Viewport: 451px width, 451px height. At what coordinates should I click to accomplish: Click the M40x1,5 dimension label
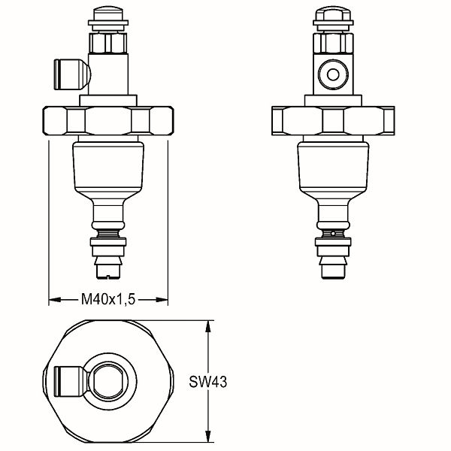108,299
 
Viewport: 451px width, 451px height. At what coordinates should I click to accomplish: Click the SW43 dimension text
207,382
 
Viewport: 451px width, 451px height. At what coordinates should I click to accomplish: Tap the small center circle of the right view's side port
333,74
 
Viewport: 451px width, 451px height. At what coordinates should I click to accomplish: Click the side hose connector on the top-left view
72,74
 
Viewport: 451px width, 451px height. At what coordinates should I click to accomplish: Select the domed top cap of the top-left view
108,14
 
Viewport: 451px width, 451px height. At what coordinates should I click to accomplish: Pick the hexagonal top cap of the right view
333,14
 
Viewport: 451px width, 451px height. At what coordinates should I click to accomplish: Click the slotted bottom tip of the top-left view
108,271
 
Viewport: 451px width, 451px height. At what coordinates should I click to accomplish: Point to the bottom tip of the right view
333,271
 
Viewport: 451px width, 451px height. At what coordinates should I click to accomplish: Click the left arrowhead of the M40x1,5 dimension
55,300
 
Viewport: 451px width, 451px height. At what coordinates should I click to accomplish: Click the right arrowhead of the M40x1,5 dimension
162,300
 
